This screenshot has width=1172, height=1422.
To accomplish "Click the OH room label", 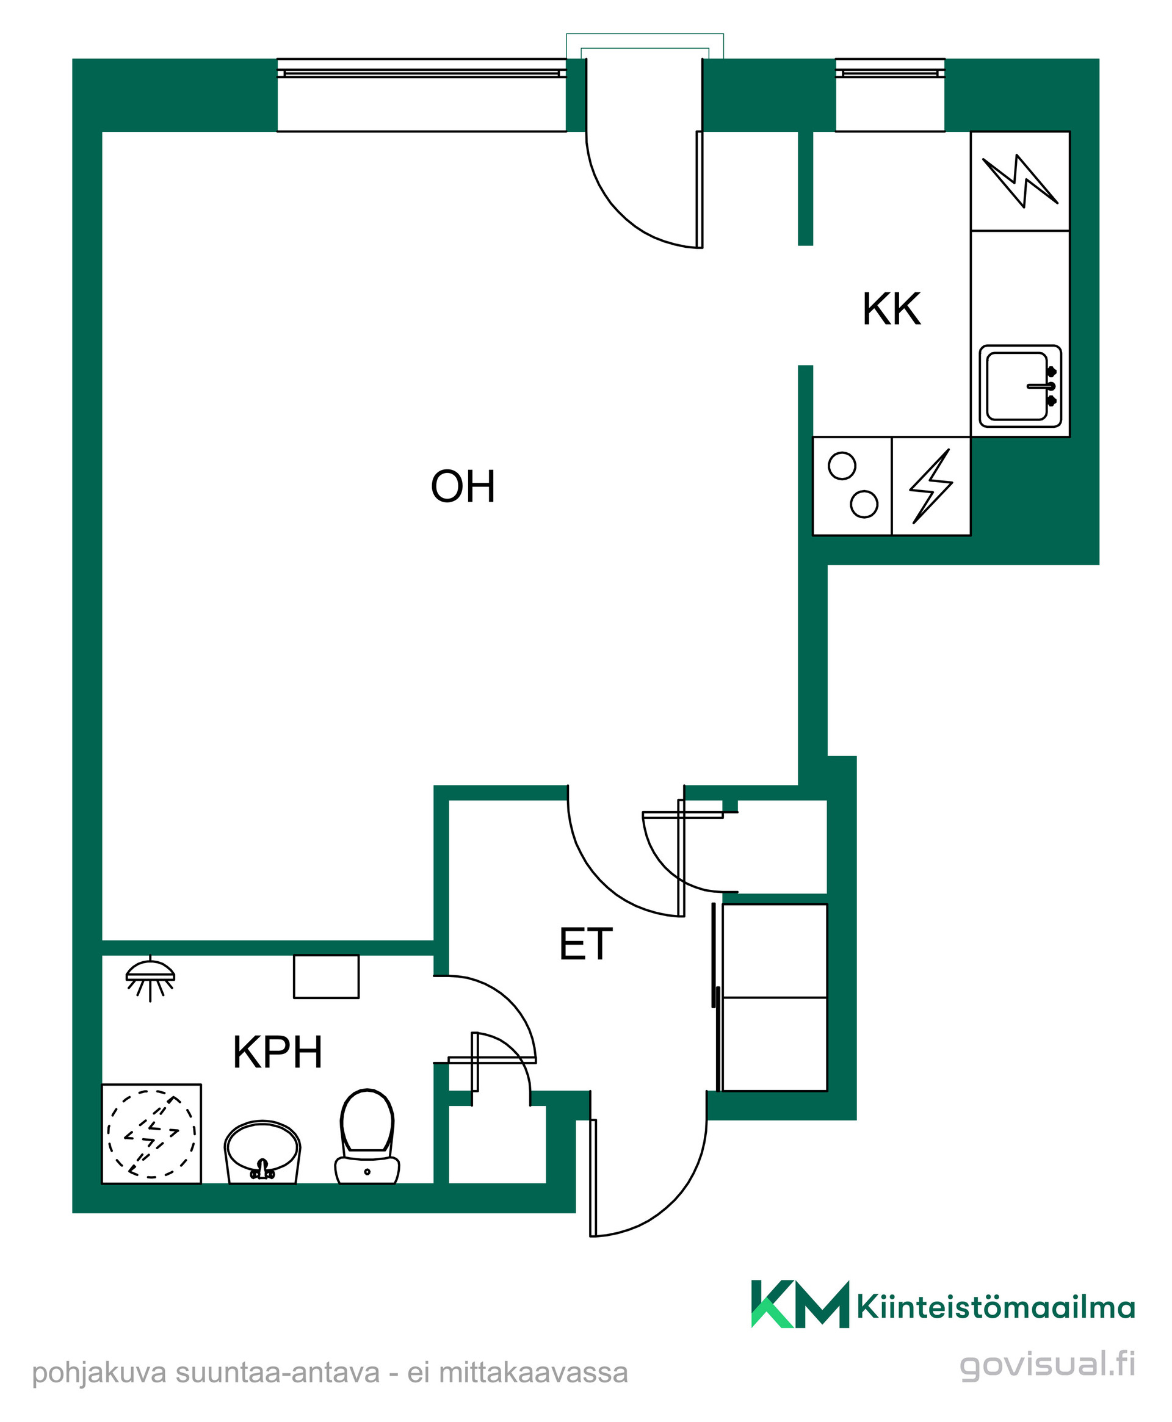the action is click(463, 486).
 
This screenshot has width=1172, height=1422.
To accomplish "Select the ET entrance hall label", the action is click(586, 944).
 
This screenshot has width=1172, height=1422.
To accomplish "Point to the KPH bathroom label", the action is click(278, 1052).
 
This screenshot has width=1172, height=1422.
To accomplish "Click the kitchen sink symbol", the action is click(1020, 386).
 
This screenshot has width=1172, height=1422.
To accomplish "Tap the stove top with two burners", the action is click(852, 486).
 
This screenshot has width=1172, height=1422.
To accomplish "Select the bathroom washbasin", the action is click(262, 1153).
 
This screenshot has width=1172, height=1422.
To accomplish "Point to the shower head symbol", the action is click(150, 978).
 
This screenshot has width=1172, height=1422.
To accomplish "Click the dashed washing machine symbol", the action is click(151, 1134).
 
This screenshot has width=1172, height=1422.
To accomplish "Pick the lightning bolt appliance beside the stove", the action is click(931, 486).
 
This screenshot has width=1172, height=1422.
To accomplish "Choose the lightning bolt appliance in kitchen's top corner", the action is click(1020, 181).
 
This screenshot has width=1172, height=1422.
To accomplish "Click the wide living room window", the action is click(422, 95).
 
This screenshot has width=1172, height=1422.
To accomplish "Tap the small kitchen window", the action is click(891, 95).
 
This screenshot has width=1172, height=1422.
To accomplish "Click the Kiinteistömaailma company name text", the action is click(996, 1308).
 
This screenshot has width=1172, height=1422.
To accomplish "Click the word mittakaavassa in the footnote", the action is click(534, 1373).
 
